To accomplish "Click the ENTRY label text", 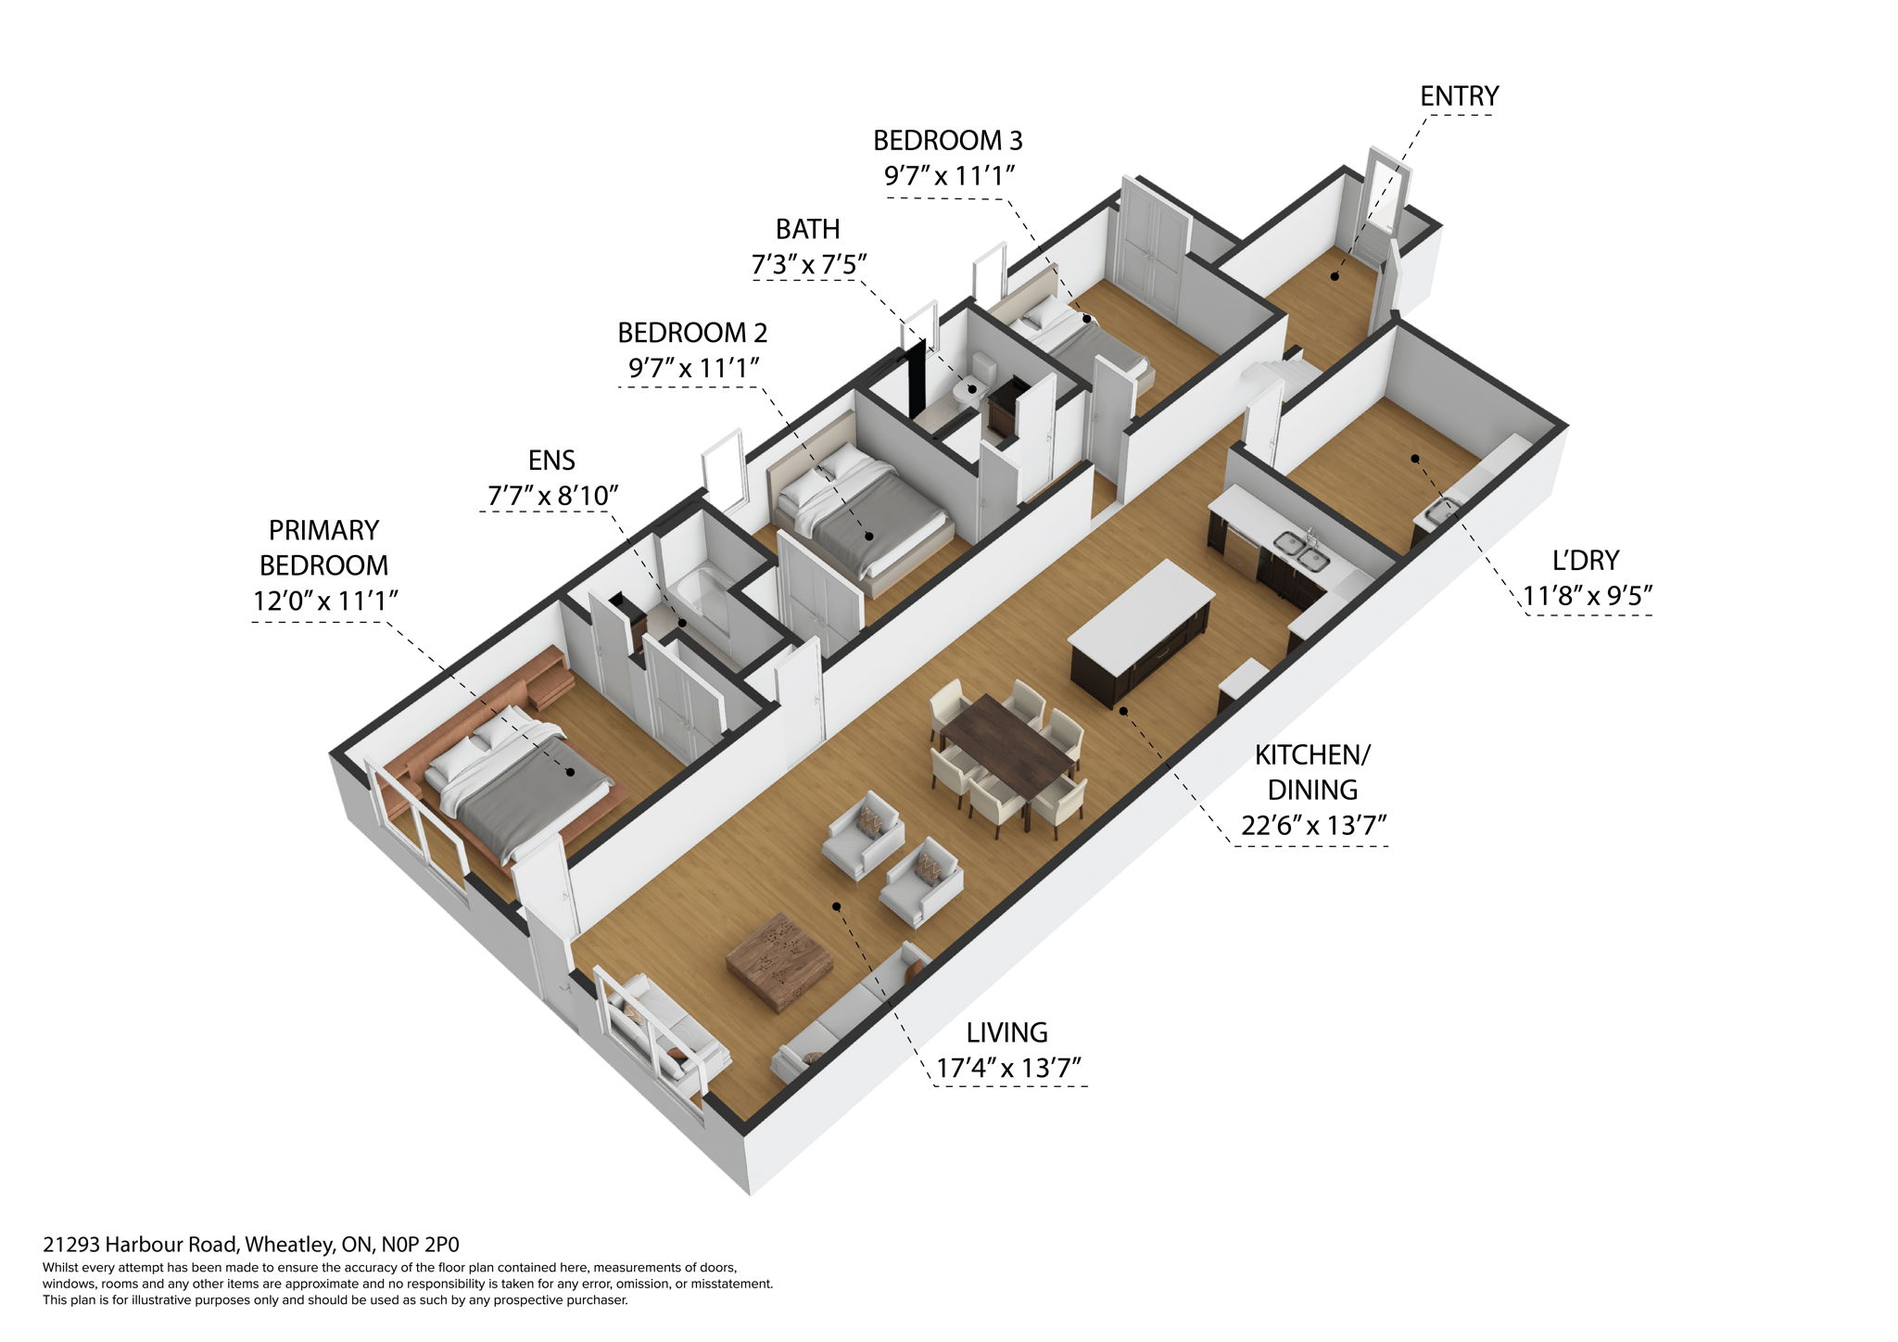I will pos(1459,96).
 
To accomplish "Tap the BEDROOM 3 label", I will pos(947,141).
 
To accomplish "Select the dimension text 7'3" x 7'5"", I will pos(808,265).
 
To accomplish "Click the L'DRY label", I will pos(1586,561).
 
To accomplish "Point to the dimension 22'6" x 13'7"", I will pos(1313,826).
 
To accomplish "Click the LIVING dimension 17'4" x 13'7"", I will pos(1009,1069).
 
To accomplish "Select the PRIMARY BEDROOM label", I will pos(323,548).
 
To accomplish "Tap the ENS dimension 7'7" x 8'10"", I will pos(552,496).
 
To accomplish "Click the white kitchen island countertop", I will pos(1141,608).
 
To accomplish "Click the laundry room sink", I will pos(1440,511).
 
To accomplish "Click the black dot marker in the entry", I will pos(1335,275).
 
